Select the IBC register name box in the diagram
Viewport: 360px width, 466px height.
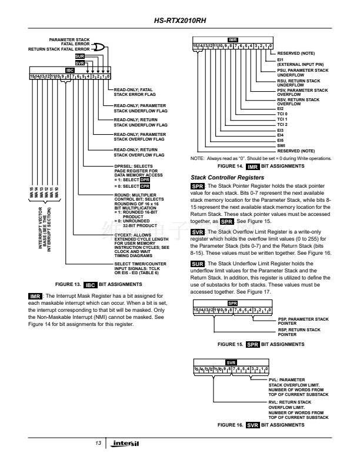[69, 69]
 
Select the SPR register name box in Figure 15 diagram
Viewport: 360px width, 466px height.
[232, 304]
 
